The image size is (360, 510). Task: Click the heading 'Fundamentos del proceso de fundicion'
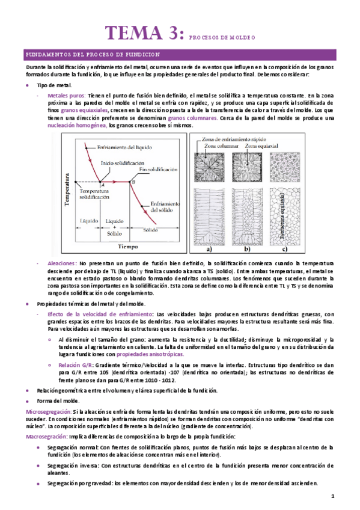[93, 54]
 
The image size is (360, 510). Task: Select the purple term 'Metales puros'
[66, 95]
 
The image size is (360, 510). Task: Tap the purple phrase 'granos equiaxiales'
[85, 111]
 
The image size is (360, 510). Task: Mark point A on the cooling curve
[103, 185]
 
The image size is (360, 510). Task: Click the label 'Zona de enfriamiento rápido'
[235, 140]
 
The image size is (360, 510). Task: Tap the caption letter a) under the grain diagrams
[210, 248]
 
